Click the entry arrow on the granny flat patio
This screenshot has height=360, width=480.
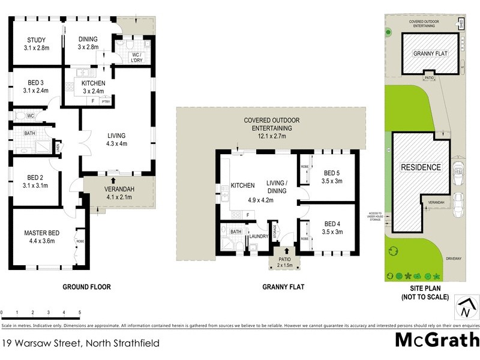(286, 251)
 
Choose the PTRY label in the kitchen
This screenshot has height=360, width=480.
(106, 102)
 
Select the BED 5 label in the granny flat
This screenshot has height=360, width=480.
(332, 172)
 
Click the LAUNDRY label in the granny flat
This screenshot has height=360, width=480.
(258, 236)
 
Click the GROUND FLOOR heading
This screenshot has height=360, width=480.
(87, 287)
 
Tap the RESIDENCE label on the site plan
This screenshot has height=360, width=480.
(421, 167)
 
